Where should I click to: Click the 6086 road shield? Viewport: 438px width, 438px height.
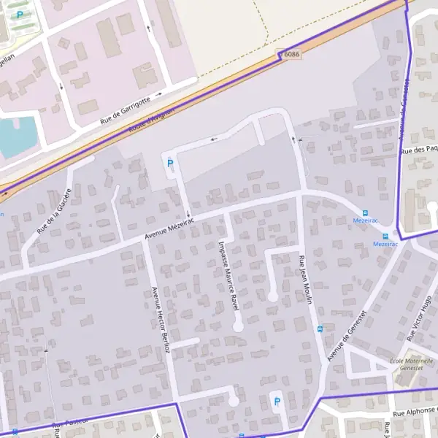[x=292, y=54]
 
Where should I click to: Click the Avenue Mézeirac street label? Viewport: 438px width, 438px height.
[x=170, y=230]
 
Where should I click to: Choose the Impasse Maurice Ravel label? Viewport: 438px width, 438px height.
[x=229, y=276]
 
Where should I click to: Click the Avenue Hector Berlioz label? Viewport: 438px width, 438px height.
[x=160, y=319]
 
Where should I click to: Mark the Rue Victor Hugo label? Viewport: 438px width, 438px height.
[x=420, y=315]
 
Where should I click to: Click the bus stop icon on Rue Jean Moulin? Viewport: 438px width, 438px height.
[x=319, y=328]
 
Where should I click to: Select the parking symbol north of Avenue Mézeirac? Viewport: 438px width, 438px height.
[x=170, y=164]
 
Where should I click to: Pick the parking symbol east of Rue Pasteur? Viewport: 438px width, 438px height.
[x=276, y=401]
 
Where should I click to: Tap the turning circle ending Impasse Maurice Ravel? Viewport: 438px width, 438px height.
[x=237, y=326]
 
